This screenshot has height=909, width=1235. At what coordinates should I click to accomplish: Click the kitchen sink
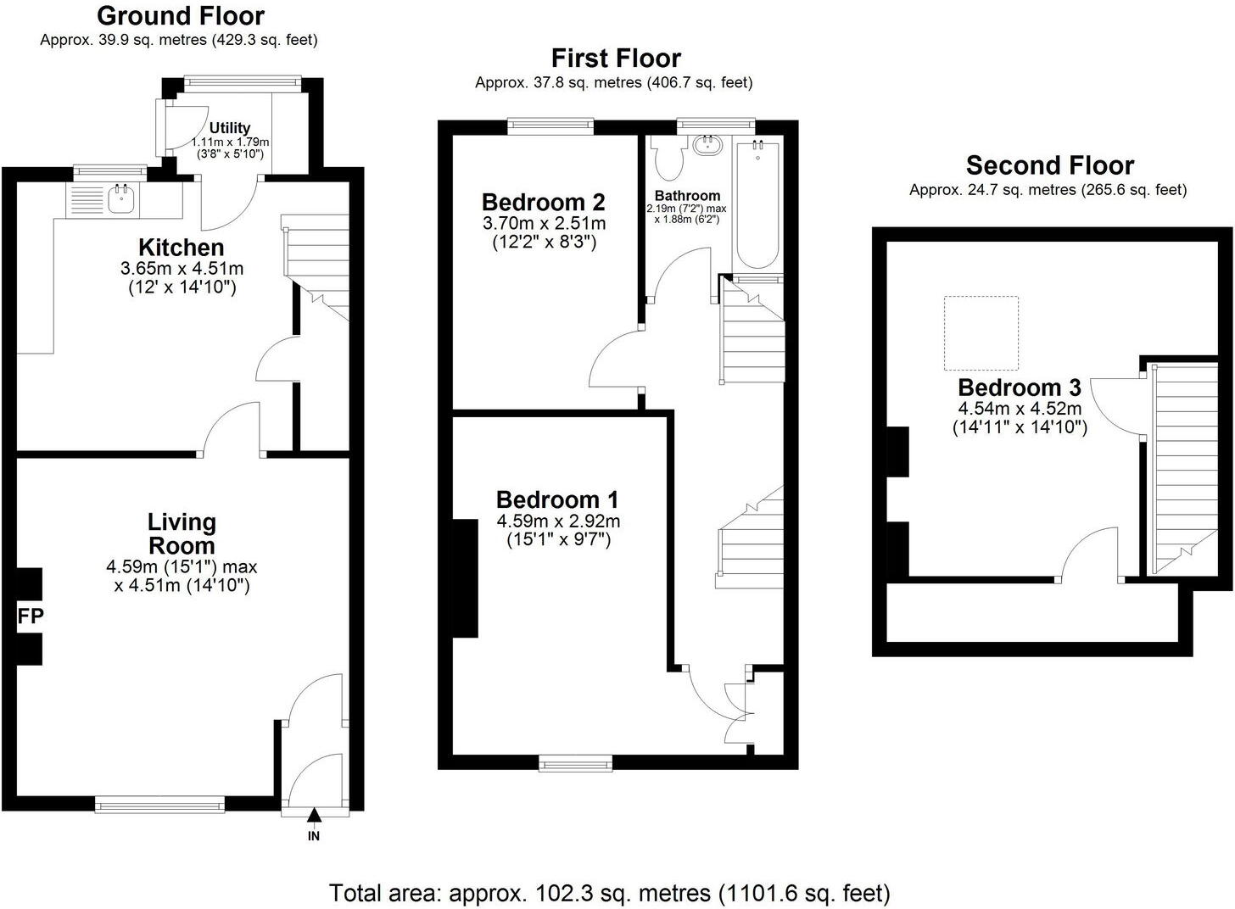[x=121, y=199]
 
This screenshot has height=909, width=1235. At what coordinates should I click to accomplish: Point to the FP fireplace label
[x=30, y=616]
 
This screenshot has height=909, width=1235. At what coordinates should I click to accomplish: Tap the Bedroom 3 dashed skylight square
[x=981, y=332]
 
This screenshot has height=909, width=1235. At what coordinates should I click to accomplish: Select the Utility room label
[x=230, y=128]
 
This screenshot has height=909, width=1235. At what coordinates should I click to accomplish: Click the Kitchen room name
[x=182, y=248]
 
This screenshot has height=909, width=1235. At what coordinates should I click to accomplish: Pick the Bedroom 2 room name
[x=543, y=202]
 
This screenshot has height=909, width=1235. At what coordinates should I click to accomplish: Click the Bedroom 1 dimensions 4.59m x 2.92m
[x=557, y=521]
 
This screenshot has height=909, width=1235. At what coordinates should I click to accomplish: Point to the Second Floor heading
[x=1049, y=165]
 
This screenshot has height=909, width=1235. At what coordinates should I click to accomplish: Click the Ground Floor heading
[x=180, y=15]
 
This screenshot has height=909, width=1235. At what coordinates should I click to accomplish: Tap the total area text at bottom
[x=609, y=892]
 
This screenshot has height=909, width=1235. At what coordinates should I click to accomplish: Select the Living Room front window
[x=159, y=803]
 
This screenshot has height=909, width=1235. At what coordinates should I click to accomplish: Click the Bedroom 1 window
[x=576, y=764]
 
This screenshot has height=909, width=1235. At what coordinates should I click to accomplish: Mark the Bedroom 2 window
[x=550, y=126]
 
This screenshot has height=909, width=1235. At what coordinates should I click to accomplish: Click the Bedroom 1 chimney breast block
[x=465, y=578]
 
